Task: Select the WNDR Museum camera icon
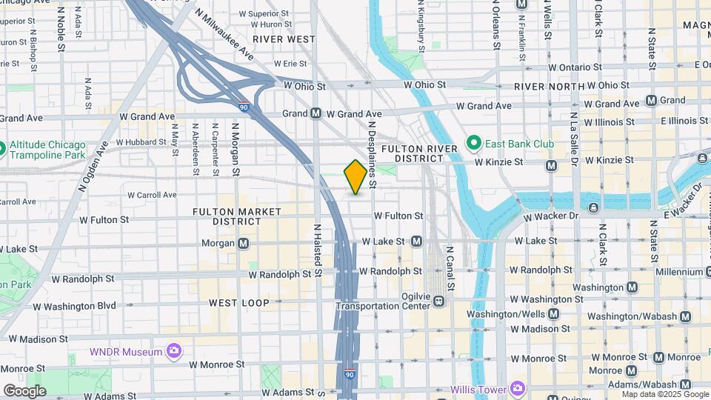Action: click(174, 350)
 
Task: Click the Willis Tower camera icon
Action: click(518, 388)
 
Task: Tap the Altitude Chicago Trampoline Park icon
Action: click(3, 149)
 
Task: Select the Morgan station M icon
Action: click(244, 243)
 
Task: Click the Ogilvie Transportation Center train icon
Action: click(439, 301)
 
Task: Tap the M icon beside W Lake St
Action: click(416, 241)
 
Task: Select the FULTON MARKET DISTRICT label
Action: click(237, 216)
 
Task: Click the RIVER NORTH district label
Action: click(544, 87)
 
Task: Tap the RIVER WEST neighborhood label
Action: click(283, 39)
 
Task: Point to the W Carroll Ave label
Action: click(152, 196)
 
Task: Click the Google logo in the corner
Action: click(24, 391)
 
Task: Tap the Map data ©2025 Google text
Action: click(665, 395)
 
